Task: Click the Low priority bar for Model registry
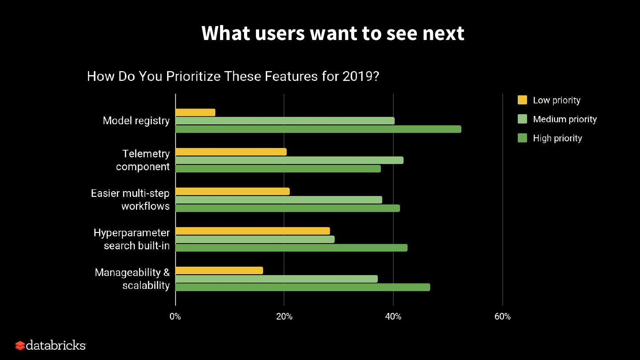196,112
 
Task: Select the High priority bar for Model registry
318,129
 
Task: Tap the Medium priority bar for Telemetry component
289,160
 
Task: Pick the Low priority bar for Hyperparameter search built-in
253,231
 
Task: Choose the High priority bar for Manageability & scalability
303,288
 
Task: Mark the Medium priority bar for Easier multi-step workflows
279,200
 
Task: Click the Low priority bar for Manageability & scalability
219,271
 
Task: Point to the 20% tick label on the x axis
284,317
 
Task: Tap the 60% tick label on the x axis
502,317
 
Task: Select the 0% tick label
175,317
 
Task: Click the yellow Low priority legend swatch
522,100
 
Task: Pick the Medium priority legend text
564,119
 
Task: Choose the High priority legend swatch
522,138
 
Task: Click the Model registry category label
136,121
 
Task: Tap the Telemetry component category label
143,160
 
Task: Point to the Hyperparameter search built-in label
132,239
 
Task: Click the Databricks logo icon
20,345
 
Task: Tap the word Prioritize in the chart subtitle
193,76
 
